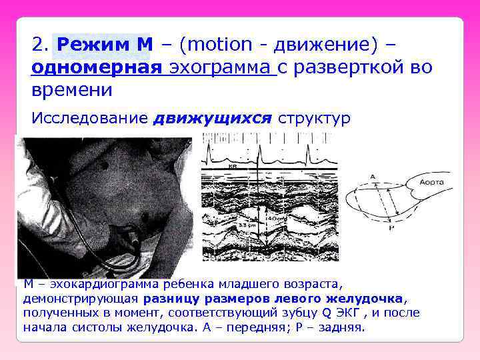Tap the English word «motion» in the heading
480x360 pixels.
tap(221, 45)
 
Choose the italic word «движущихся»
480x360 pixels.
tap(213, 119)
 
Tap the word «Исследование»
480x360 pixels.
tap(89, 119)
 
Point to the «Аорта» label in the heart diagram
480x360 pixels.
tap(431, 181)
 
